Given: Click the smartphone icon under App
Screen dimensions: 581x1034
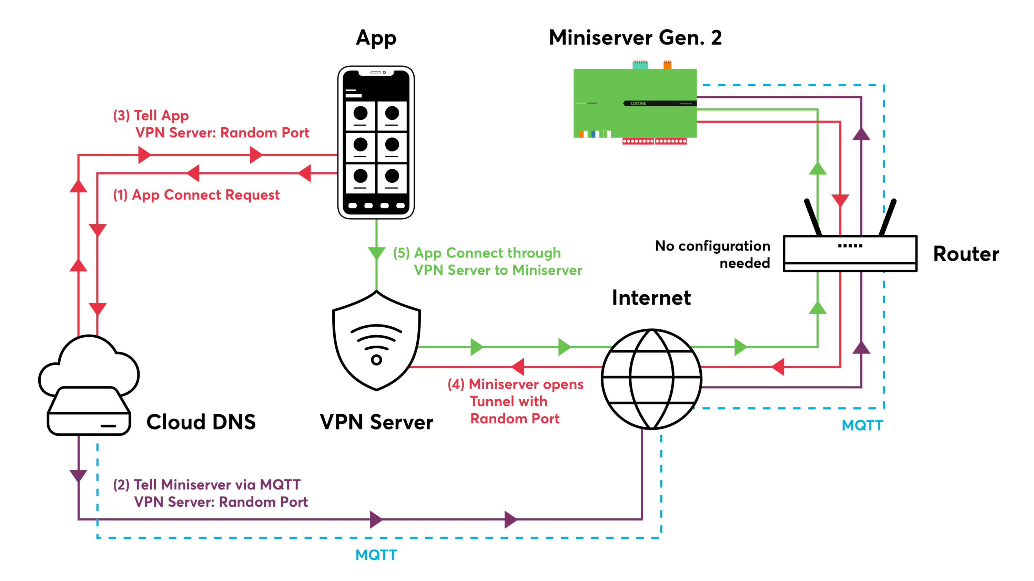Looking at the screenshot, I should [376, 142].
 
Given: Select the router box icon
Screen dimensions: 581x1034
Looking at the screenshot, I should [850, 253].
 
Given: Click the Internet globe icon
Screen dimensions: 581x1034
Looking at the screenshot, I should [651, 379].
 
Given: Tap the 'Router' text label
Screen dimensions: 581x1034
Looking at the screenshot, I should [966, 254].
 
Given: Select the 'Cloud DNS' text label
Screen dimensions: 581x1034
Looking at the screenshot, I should [201, 422].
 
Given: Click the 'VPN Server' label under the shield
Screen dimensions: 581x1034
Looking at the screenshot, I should [376, 422].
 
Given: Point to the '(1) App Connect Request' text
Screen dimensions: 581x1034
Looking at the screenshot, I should [196, 195].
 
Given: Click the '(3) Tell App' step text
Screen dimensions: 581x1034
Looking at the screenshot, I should [151, 116].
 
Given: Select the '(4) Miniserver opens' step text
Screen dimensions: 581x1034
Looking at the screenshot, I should [515, 384].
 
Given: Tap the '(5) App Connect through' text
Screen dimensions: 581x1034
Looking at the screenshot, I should [477, 253].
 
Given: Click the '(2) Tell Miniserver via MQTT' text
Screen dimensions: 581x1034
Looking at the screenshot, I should [206, 484].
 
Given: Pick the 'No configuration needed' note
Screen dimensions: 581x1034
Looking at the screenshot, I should [712, 254].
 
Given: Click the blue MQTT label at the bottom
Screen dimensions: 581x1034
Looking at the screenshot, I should [376, 555].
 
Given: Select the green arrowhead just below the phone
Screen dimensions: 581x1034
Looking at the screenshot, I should [376, 253].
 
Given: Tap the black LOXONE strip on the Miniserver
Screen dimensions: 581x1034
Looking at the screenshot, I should [660, 104].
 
